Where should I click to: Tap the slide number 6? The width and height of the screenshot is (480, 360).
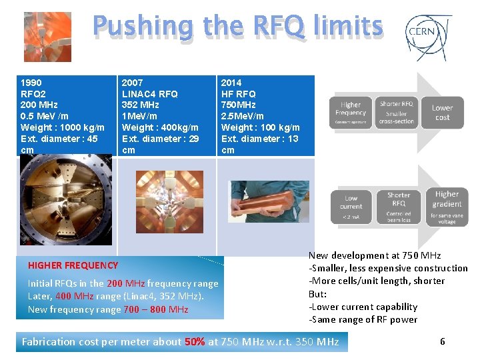coord(443,342)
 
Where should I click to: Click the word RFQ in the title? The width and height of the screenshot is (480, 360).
coord(278,27)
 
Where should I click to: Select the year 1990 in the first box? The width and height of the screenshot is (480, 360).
coord(32,83)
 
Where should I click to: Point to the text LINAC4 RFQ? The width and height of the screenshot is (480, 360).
coord(149,94)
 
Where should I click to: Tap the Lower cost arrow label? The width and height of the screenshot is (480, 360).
coord(442,113)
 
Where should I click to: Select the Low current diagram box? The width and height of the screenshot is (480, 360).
coord(351,206)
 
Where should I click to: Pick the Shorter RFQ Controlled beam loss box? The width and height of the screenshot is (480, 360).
coord(398,206)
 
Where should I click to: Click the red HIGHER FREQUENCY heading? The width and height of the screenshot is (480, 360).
coord(73,265)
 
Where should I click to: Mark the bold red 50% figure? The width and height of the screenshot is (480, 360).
coord(195,342)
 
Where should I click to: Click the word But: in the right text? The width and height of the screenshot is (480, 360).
coord(317,293)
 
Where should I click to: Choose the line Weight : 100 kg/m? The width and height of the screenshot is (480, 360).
coord(260,127)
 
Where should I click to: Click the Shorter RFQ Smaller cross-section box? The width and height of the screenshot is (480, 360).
coord(397,113)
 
